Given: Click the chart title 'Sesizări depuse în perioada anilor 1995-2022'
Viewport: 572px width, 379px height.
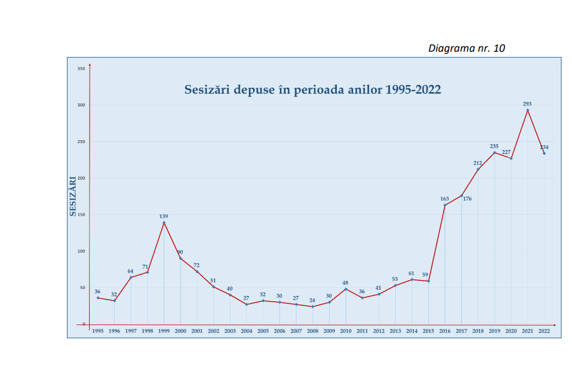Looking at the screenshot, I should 312,90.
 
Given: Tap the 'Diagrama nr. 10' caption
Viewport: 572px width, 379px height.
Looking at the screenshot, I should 466,48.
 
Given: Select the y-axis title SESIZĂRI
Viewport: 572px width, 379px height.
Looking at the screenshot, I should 73,196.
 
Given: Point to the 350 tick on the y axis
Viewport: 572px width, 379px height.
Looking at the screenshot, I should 81,69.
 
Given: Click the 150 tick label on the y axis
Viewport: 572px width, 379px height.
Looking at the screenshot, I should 81,214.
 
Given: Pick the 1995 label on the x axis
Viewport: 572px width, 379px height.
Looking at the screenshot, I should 98,331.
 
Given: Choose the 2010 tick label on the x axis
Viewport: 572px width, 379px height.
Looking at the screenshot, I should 346,331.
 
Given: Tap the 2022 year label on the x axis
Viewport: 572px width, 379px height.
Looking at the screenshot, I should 544,331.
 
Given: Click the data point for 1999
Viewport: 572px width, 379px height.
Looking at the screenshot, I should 164,223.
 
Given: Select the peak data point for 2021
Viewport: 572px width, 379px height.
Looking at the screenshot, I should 528,110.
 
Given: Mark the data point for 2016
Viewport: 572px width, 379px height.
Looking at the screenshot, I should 445,205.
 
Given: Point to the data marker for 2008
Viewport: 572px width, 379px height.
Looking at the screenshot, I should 312,306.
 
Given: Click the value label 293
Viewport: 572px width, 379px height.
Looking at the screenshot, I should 527,104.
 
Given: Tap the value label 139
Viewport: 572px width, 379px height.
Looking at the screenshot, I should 164,216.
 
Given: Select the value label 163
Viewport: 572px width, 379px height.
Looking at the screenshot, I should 445,199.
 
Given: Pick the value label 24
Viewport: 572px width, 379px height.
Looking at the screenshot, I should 312,300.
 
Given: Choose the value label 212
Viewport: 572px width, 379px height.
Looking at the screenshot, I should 478,163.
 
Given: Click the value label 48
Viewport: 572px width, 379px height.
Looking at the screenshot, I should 345,283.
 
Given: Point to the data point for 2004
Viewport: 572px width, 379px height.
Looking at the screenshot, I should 247,305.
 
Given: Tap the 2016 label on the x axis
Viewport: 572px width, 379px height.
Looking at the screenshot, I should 445,331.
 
